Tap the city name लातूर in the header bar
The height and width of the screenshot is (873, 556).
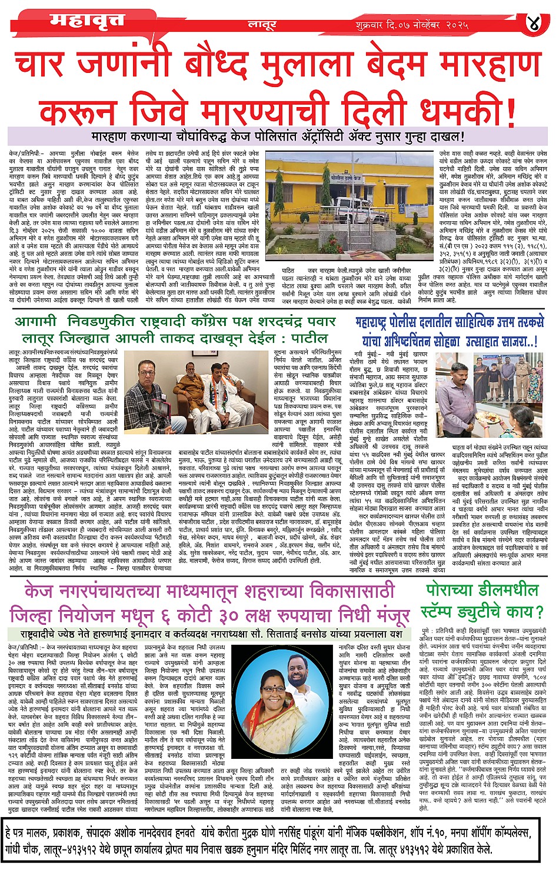click(261, 25)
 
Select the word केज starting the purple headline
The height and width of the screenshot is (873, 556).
click(39, 591)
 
